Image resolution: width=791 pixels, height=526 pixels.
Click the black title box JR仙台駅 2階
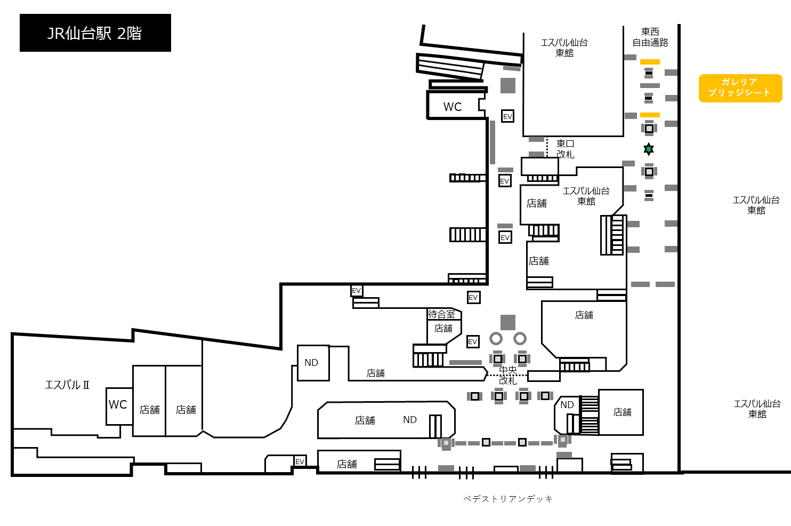tap(95, 33)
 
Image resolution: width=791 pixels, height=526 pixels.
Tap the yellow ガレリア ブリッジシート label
tap(740, 88)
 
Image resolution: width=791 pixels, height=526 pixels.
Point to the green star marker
tap(649, 149)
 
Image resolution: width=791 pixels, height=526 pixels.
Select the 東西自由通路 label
tap(650, 37)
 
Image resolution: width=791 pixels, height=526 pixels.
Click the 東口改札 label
tap(566, 149)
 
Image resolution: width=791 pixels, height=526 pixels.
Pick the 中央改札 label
tap(508, 376)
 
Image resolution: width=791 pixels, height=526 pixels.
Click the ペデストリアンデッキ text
tap(508, 499)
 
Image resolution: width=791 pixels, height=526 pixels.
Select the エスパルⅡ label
tap(67, 385)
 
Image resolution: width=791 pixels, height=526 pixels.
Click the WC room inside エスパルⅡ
tap(119, 406)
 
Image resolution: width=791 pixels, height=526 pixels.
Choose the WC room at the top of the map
tap(456, 105)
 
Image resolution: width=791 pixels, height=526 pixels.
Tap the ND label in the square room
tap(311, 363)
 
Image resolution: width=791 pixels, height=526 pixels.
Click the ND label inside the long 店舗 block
tap(410, 420)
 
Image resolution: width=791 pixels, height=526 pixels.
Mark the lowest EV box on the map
tap(300, 461)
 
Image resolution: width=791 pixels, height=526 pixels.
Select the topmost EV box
tap(507, 116)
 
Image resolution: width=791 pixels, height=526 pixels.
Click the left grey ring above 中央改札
tap(496, 339)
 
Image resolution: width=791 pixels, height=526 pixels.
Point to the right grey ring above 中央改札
tap(520, 339)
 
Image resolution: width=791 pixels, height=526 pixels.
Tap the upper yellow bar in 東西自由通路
tap(650, 62)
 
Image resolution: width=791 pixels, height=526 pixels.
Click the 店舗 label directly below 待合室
tap(443, 329)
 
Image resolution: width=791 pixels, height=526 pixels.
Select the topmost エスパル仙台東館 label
tap(564, 47)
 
